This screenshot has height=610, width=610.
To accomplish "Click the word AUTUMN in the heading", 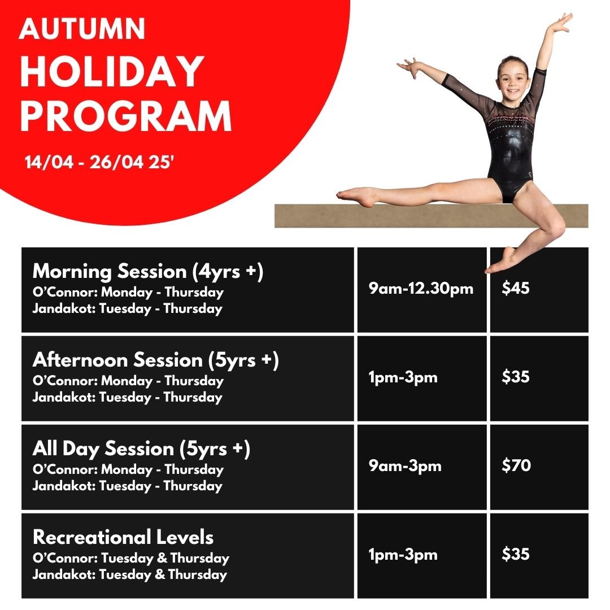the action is (82, 29).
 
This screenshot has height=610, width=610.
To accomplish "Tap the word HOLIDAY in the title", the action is (112, 71).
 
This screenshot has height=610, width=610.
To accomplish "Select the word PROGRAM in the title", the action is (126, 116).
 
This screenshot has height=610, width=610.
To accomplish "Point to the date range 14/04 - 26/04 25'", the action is (99, 162).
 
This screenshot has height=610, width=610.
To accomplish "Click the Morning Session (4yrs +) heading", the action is (148, 272).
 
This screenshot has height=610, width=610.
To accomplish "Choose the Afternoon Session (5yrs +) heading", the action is (156, 360).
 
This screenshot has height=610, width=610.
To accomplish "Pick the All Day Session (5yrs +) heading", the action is (141, 449).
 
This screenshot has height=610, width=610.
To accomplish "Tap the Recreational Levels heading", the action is (123, 537).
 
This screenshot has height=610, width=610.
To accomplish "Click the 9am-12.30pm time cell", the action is (421, 289).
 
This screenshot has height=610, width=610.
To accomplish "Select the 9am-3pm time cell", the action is (405, 466).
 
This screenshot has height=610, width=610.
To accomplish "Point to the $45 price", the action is (516, 288).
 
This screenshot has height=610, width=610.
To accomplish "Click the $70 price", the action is (516, 465).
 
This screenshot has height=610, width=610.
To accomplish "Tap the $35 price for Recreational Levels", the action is (516, 554).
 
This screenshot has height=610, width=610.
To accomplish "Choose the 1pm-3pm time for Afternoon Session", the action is (403, 377).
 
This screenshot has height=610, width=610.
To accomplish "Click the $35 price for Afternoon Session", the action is (516, 377).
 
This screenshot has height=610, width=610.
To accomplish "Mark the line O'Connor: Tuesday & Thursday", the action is (131, 559).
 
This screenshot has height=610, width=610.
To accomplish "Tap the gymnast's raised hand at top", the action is (561, 23).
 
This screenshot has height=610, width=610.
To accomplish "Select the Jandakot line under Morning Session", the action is (128, 309).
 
